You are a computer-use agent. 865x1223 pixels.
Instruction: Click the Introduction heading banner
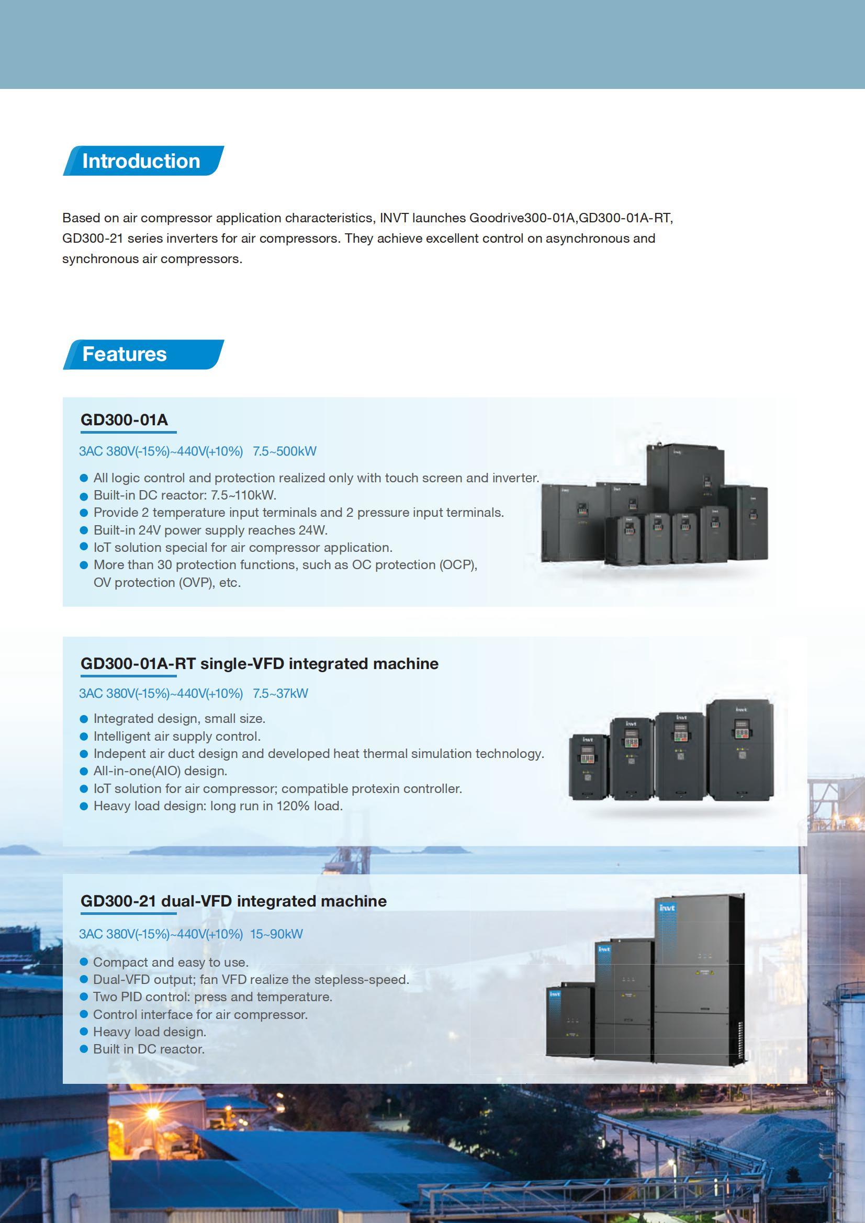click(x=142, y=161)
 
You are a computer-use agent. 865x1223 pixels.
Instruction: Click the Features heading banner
click(x=142, y=354)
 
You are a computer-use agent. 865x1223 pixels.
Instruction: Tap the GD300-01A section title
click(x=124, y=420)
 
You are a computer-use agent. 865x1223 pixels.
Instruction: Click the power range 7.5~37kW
click(x=280, y=693)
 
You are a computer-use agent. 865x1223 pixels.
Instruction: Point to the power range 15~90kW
click(x=276, y=934)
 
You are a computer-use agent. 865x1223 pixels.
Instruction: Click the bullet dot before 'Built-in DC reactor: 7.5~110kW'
click(x=84, y=496)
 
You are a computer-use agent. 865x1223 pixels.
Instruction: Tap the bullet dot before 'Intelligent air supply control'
click(x=84, y=737)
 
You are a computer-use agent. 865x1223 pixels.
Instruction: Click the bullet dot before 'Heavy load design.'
click(x=84, y=1032)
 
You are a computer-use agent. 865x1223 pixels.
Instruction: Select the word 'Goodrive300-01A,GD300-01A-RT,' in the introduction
click(x=571, y=218)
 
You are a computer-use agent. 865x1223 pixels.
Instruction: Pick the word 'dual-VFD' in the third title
click(x=196, y=901)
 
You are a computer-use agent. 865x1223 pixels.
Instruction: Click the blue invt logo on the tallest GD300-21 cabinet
click(x=667, y=908)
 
